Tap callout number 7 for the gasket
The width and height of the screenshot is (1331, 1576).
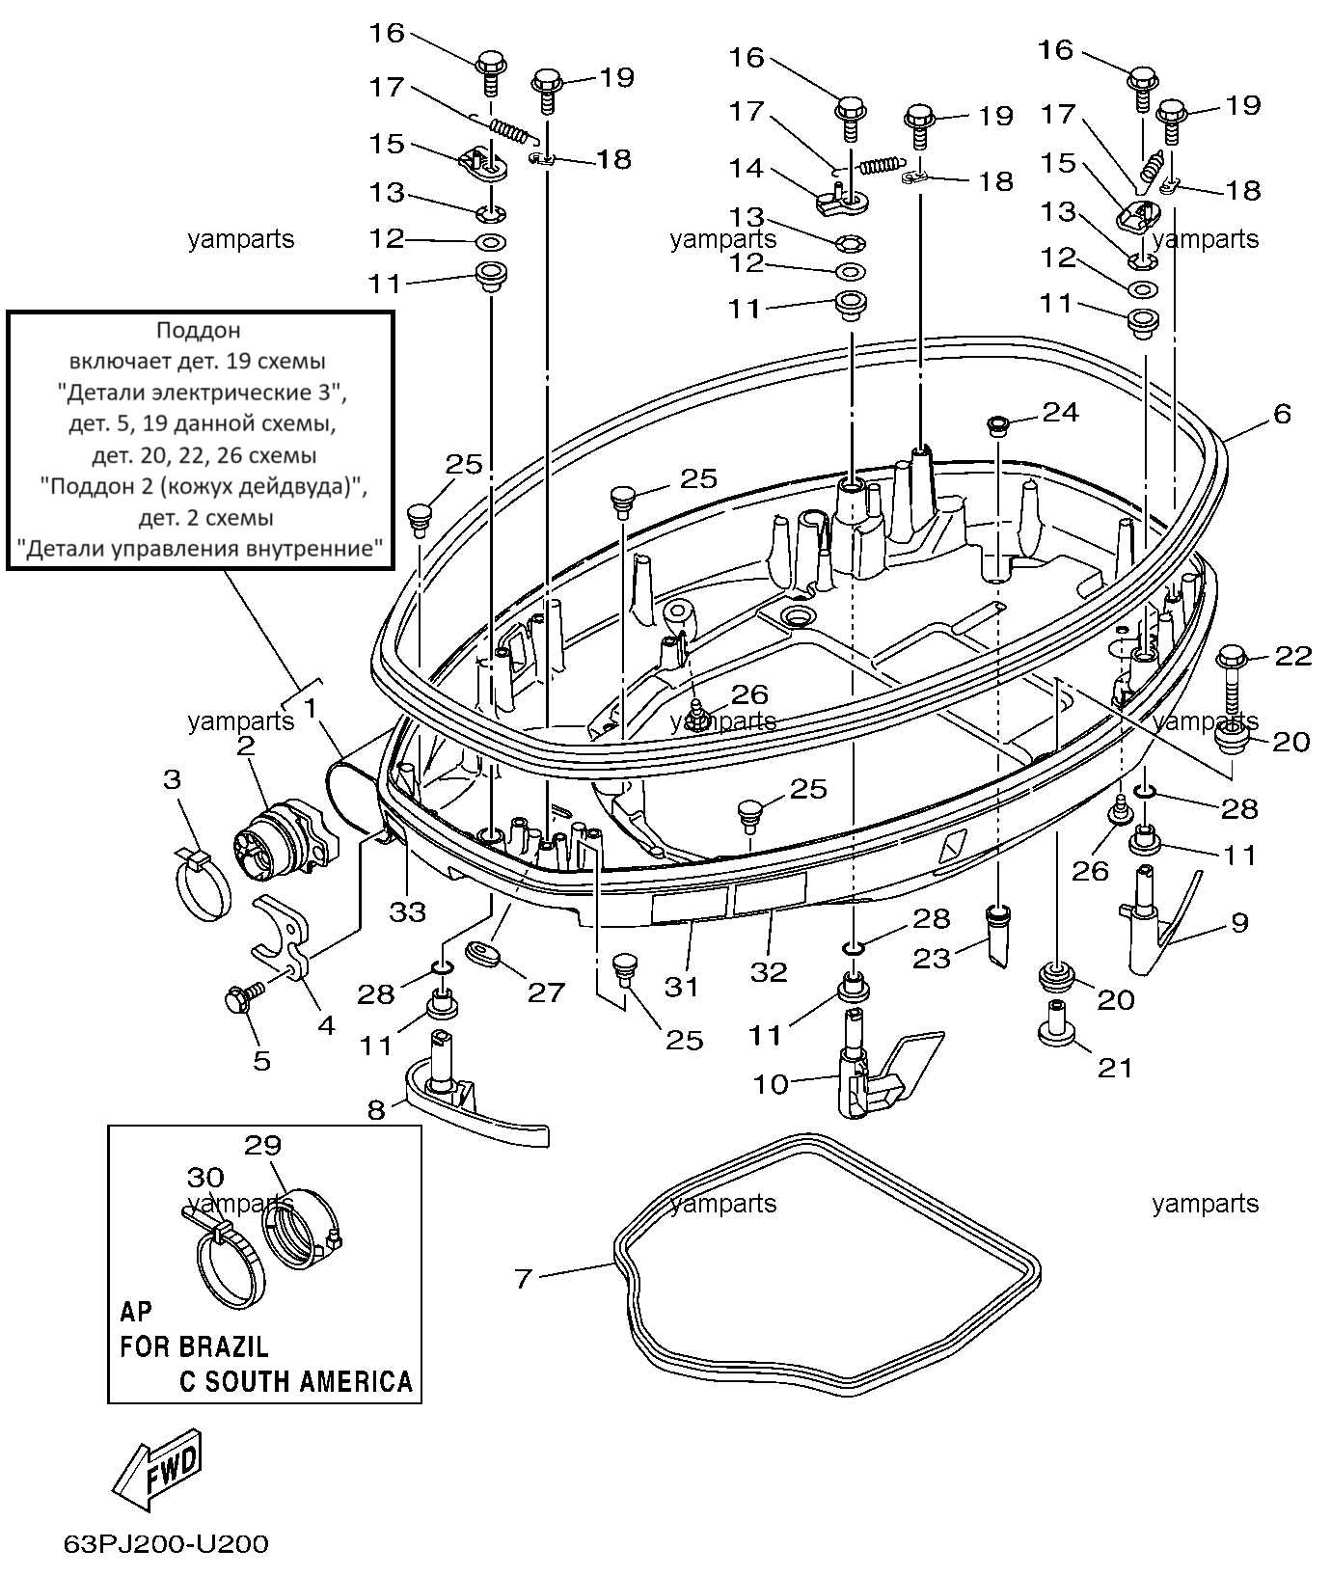pos(524,1279)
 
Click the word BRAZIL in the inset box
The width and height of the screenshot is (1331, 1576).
pos(222,1345)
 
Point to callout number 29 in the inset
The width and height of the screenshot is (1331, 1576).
pos(262,1146)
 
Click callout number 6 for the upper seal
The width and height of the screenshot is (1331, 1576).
pos(1282,414)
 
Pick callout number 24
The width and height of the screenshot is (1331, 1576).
pos(1061,412)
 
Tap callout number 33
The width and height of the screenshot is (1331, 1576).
pos(407,911)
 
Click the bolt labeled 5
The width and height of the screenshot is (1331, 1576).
pos(244,995)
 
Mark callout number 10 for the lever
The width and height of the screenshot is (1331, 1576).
pos(771,1084)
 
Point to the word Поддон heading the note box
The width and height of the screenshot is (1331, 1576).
pos(198,331)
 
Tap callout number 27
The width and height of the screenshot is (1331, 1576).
pos(546,992)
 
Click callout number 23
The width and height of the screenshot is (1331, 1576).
pos(932,958)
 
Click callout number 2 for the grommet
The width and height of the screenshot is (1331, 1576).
pos(245,745)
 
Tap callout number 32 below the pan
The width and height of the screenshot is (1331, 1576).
pos(769,972)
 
